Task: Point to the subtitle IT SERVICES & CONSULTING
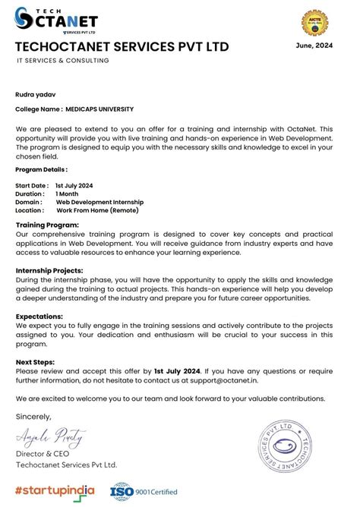click(x=63, y=61)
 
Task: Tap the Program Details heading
click(x=41, y=170)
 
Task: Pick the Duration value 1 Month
click(x=67, y=194)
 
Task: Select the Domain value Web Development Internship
click(x=99, y=203)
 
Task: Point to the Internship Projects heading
click(x=49, y=271)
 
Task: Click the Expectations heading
click(x=39, y=316)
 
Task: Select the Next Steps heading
click(x=35, y=362)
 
